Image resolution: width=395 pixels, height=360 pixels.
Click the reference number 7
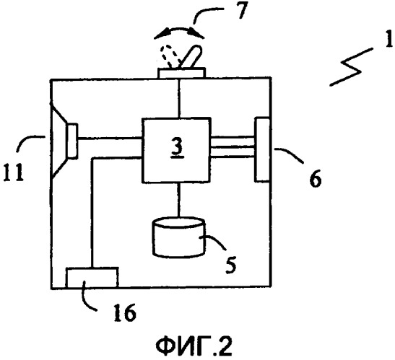click(x=242, y=11)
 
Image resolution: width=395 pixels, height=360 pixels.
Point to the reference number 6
click(x=315, y=178)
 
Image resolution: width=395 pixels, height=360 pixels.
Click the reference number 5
click(x=231, y=265)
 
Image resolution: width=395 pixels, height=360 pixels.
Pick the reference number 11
click(x=13, y=172)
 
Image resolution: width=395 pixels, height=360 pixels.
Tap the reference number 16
click(x=125, y=312)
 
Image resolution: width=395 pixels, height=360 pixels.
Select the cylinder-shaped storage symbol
click(x=179, y=237)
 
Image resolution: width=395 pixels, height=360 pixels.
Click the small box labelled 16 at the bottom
click(x=92, y=278)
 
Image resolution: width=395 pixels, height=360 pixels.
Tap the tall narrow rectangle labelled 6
click(x=262, y=149)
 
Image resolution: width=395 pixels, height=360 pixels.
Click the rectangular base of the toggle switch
click(x=181, y=73)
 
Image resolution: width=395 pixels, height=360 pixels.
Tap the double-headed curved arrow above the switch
click(x=179, y=30)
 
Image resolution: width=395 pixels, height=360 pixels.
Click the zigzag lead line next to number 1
click(x=351, y=67)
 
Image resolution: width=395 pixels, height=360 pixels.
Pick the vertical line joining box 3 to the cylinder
click(x=178, y=200)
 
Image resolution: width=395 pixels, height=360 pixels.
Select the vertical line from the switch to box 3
click(x=179, y=98)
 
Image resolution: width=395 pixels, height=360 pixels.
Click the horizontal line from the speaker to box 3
click(x=110, y=139)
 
